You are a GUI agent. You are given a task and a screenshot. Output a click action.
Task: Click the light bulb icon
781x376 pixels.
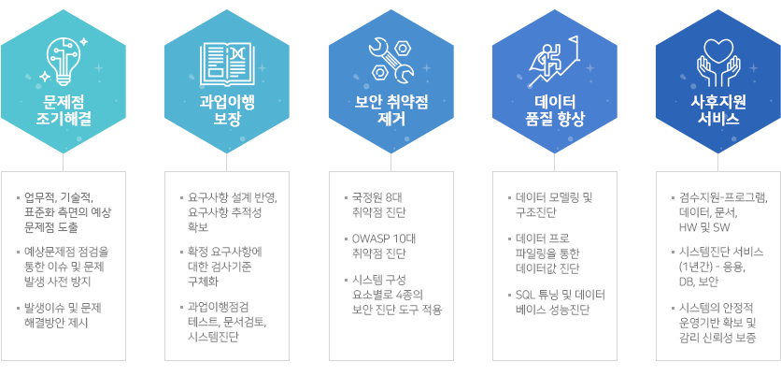64,59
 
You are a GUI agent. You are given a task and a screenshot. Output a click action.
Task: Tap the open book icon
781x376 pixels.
227,64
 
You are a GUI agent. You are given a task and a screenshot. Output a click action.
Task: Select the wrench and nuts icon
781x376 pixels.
390,61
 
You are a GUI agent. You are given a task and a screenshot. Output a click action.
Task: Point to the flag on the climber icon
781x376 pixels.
575,41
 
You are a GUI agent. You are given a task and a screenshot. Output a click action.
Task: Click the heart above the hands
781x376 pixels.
717,50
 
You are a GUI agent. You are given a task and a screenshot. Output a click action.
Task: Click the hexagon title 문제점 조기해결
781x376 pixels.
64,111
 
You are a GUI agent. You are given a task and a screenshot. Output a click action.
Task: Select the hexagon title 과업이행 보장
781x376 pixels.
227,111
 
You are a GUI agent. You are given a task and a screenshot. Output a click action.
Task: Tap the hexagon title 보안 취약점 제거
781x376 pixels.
391,111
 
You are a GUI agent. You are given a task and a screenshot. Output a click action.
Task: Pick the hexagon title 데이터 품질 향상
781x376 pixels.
555,111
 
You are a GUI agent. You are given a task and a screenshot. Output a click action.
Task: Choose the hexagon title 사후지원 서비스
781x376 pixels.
717,111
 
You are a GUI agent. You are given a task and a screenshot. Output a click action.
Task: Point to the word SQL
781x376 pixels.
525,295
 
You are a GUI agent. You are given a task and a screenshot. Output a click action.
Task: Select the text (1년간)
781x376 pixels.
695,267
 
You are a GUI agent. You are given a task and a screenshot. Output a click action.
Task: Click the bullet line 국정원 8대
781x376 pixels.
374,198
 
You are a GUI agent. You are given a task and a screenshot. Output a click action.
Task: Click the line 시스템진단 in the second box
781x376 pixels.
213,337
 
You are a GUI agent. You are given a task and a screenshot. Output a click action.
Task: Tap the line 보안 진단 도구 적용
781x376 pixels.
397,310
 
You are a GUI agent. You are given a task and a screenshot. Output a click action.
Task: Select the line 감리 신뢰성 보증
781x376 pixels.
717,338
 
